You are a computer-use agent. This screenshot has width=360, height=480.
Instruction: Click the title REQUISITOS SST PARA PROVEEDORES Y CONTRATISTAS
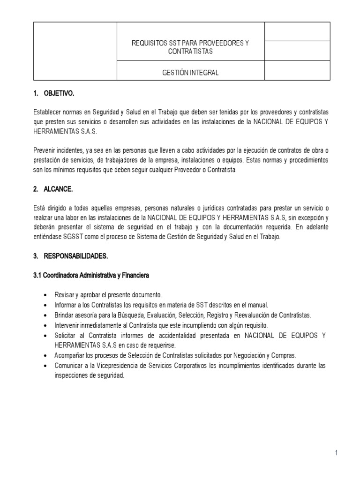(190, 47)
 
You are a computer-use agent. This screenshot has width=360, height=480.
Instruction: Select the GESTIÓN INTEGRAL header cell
(190, 73)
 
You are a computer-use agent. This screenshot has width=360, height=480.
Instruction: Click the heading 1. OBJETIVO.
(54, 94)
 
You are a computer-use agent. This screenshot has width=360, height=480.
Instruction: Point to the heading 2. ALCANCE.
(53, 190)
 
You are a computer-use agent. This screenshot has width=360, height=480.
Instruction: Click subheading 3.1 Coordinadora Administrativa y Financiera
(91, 276)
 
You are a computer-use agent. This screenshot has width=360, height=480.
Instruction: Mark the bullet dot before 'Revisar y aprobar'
(45, 295)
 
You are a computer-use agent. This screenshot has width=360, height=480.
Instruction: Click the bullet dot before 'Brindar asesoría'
(45, 315)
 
